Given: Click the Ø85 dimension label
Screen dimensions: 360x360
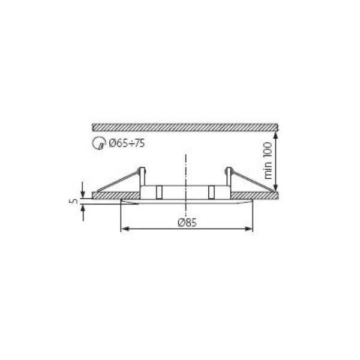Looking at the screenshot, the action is point(187,223).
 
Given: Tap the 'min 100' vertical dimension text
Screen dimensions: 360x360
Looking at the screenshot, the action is point(268,160).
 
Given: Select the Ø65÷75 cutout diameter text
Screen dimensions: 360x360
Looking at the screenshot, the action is point(127,143).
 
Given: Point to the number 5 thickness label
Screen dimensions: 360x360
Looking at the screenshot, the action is point(73,202).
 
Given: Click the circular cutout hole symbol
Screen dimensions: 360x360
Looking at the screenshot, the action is point(99,143).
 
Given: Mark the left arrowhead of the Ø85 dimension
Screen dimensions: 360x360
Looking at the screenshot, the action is point(124,229).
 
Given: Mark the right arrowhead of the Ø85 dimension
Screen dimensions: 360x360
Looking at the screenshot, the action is point(249,229).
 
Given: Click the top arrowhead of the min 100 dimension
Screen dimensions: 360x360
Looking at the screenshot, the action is point(276,135).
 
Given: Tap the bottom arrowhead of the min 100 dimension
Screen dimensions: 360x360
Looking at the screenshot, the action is point(276,188).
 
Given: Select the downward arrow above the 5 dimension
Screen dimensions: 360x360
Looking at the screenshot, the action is point(83,190).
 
